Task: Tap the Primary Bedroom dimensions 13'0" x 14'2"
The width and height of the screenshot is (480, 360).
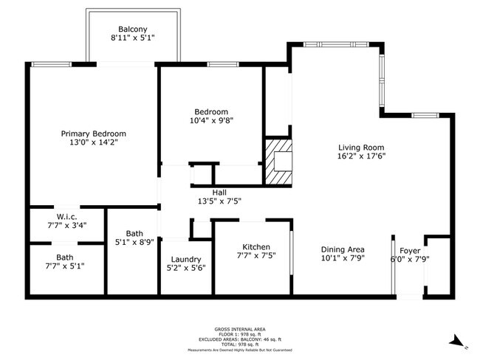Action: [89, 144]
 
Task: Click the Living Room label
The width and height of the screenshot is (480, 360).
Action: [362, 146]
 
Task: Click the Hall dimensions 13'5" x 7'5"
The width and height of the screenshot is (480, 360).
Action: [219, 201]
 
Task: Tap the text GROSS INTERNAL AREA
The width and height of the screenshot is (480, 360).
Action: [239, 329]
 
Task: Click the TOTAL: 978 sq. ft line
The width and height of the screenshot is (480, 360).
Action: [239, 344]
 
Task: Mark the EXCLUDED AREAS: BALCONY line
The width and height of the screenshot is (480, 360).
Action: [239, 339]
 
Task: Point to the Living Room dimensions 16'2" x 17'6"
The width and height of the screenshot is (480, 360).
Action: [362, 156]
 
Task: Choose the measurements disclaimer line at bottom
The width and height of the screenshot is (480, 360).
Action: [239, 350]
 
